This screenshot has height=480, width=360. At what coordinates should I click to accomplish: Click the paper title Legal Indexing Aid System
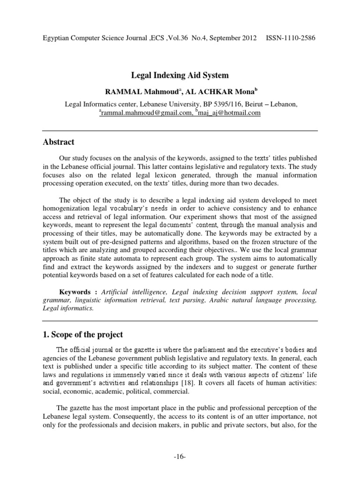[180, 75]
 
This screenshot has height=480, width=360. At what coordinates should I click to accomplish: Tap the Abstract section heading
[60, 142]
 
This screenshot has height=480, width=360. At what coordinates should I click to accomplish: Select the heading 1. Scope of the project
[89, 334]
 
